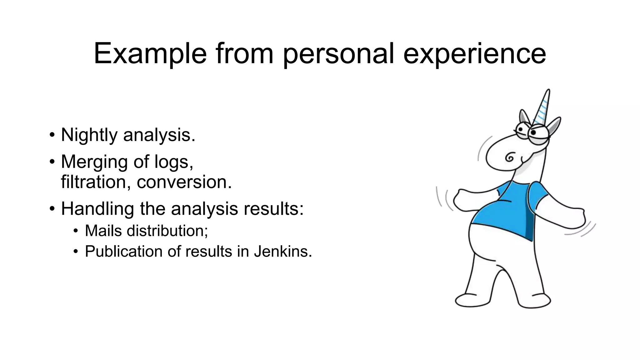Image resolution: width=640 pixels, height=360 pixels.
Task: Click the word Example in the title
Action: click(150, 54)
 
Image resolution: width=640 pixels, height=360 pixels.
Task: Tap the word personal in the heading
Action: click(338, 54)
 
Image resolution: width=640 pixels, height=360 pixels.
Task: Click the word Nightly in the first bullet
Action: click(89, 135)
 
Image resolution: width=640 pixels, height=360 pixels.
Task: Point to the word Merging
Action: click(94, 162)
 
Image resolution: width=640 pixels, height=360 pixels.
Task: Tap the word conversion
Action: click(184, 182)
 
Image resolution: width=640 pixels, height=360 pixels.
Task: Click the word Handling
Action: click(97, 208)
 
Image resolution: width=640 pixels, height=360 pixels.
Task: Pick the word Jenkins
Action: click(282, 252)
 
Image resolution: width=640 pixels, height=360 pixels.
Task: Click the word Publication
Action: click(124, 252)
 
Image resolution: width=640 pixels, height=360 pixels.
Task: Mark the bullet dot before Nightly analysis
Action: click(52, 136)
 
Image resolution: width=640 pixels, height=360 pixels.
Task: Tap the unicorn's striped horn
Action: click(543, 108)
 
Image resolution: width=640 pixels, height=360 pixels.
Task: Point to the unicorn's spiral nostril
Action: click(509, 157)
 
